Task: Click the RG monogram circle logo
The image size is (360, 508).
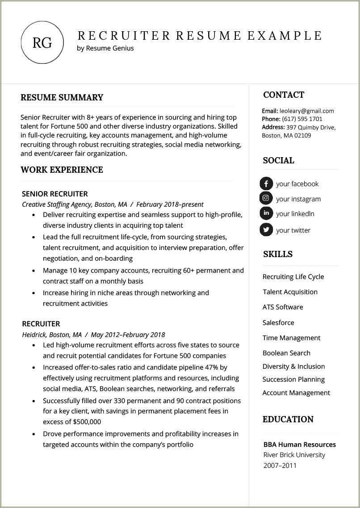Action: point(42,42)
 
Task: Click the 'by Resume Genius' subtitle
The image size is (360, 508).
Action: point(105,48)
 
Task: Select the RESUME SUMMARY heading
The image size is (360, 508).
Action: point(62,97)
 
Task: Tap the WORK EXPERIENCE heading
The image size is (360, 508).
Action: point(62,170)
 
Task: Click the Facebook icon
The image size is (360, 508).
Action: point(266,183)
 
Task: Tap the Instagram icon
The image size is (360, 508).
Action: point(266,198)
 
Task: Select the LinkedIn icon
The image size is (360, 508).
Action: point(266,213)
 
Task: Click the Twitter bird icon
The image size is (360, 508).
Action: point(266,229)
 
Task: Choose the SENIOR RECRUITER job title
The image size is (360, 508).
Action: point(54,194)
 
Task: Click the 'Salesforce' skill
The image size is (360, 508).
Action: point(278,322)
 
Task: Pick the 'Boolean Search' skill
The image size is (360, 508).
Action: point(286,353)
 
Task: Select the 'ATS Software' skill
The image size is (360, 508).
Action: point(283,307)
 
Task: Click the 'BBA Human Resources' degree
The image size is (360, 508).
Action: point(299,444)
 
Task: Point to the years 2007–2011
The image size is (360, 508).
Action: point(280,466)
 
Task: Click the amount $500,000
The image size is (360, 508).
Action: point(85,421)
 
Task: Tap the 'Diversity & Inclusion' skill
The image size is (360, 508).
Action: point(293,366)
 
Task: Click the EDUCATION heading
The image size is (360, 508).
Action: point(288,419)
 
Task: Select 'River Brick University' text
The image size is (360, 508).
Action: point(294,455)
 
